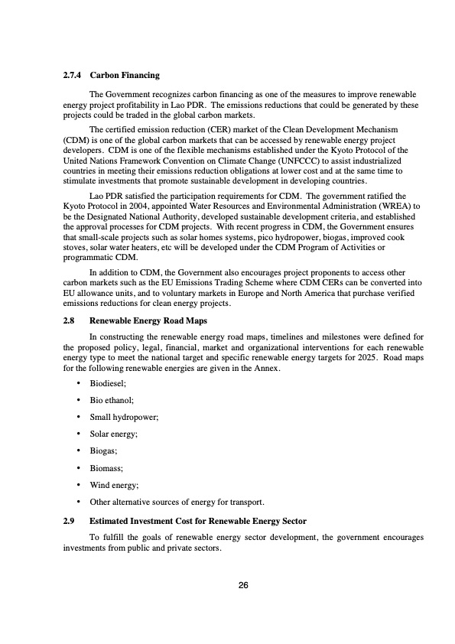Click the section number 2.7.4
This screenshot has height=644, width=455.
[x=73, y=76]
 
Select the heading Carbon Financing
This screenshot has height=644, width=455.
[x=125, y=76]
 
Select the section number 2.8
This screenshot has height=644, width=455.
[x=69, y=320]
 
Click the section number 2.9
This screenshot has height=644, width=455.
[x=69, y=521]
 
